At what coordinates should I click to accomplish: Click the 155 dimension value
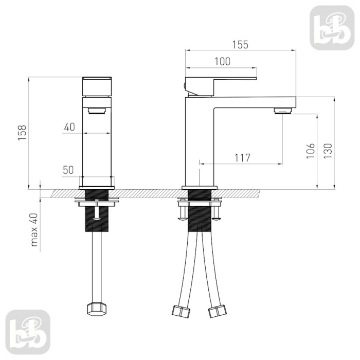pyautogui.click(x=240, y=45)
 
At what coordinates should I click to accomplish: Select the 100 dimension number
pyautogui.click(x=222, y=61)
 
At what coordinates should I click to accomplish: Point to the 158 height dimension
pyautogui.click(x=22, y=133)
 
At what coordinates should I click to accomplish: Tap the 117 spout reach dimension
pyautogui.click(x=242, y=158)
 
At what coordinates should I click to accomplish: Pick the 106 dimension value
pyautogui.click(x=310, y=151)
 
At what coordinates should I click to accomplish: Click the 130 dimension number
pyautogui.click(x=328, y=151)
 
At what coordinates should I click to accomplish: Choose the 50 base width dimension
pyautogui.click(x=68, y=170)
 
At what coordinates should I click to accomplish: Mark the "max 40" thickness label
pyautogui.click(x=34, y=229)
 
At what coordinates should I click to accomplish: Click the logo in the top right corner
pyautogui.click(x=332, y=28)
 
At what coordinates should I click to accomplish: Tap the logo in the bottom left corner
pyautogui.click(x=28, y=332)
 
